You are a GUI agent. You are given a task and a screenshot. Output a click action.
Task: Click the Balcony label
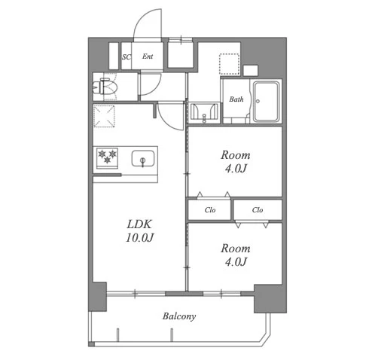point(179,316)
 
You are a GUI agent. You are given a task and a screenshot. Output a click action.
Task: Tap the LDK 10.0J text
point(139,231)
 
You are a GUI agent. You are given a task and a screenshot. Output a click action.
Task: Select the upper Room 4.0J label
point(236,162)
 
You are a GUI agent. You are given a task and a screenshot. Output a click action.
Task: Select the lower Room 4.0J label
point(236,255)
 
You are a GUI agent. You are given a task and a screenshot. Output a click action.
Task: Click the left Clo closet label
point(210,210)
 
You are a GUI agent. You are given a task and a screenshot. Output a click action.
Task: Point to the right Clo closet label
point(258,210)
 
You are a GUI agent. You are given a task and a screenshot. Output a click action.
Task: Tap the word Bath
point(236,99)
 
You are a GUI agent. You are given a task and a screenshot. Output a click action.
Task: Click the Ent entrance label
point(148,56)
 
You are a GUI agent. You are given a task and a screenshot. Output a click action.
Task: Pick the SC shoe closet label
point(127,57)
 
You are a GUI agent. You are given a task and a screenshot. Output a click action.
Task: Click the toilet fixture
point(105,87)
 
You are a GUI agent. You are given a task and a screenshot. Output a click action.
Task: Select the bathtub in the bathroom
point(266,101)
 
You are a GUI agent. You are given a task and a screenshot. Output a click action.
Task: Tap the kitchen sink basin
point(143,158)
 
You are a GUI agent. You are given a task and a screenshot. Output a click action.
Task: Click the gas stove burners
point(108,157)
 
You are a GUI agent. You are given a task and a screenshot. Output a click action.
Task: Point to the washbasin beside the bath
point(204,112)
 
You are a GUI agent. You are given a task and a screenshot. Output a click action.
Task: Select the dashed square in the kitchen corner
point(104,116)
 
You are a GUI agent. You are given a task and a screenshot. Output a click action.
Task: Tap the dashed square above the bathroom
point(229,64)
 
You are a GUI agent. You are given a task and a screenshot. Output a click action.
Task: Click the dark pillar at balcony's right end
point(270,298)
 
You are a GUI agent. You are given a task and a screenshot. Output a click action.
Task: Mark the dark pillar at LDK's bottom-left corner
point(97,297)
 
